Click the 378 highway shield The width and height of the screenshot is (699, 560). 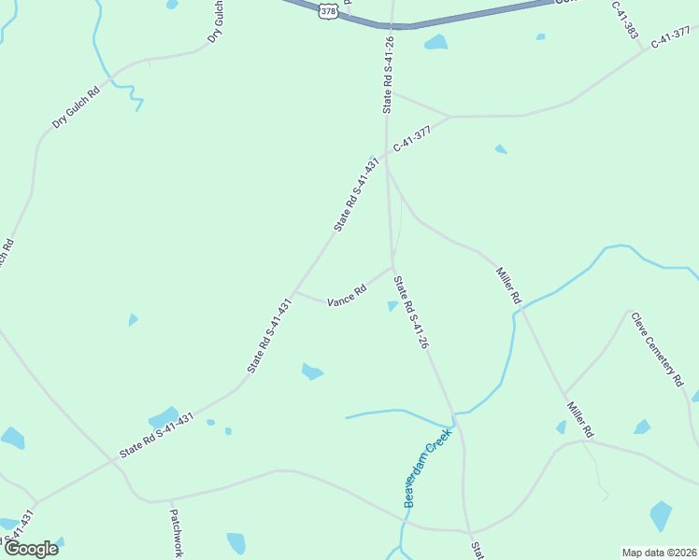point(327,10)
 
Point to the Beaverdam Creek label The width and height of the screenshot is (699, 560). point(428,468)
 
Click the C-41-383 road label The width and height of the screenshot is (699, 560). point(625,19)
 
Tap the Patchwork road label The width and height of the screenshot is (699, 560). point(177,532)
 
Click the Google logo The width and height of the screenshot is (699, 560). point(30,549)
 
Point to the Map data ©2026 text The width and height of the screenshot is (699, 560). point(659,553)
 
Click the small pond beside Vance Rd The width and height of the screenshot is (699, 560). point(392,305)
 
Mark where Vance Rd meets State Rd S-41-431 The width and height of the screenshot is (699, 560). point(294,291)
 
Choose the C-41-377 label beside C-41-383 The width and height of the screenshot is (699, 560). point(671,38)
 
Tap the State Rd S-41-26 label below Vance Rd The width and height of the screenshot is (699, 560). point(410,313)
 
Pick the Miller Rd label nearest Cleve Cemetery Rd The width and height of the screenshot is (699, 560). point(579,420)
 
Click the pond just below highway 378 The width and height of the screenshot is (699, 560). point(435,42)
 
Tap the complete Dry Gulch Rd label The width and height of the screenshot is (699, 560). point(77,108)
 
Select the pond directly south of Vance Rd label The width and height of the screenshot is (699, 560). point(311,371)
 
